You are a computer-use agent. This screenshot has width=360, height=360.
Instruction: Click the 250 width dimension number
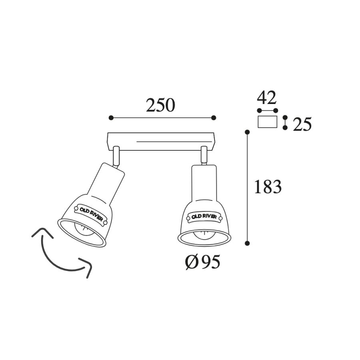coord(160,105)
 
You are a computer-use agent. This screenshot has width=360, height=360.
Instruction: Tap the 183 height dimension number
coord(268,186)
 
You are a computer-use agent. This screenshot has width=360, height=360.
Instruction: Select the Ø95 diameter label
coord(202,262)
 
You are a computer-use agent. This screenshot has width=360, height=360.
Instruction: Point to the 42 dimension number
coord(266,98)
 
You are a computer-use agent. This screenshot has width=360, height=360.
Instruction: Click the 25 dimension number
coord(302,124)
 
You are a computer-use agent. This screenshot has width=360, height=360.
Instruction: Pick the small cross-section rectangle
coord(268,122)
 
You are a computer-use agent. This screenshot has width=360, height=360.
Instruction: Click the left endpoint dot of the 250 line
coord(111,118)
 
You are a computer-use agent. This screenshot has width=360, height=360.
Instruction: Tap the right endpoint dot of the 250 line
coord(214,118)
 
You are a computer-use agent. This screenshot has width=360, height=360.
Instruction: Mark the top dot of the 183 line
coord(247,132)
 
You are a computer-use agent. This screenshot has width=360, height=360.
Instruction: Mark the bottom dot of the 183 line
coord(247,243)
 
